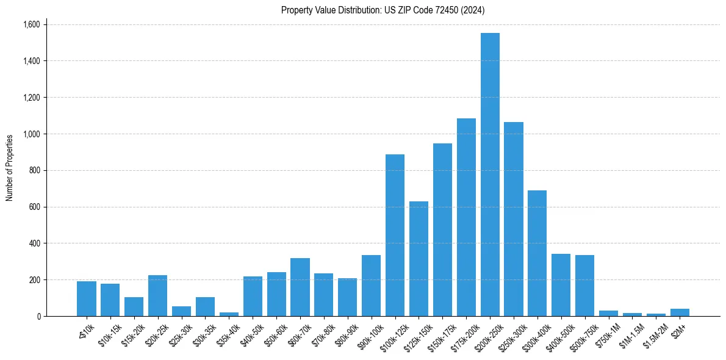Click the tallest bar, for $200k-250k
tap(490, 175)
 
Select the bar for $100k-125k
tap(395, 236)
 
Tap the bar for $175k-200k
tap(466, 217)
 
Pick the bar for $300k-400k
tap(537, 253)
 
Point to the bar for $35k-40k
tap(229, 314)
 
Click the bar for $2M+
tap(680, 312)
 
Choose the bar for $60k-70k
tap(300, 287)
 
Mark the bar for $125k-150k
tap(419, 259)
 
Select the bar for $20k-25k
tap(157, 295)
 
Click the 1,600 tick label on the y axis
tap(31, 24)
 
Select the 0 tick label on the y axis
tap(38, 316)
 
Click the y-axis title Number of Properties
tap(10, 168)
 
